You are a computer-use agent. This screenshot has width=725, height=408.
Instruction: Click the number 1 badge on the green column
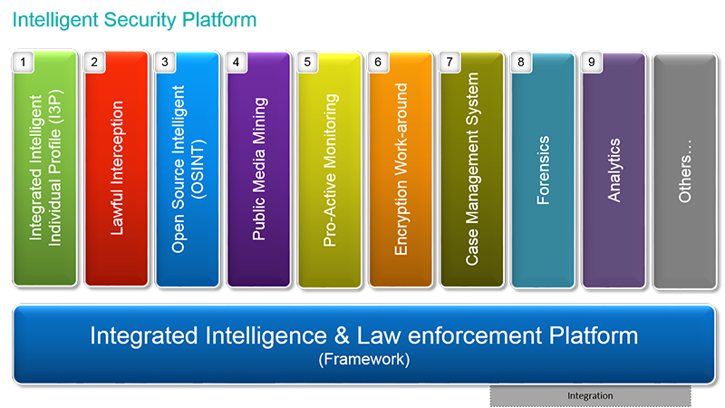24,62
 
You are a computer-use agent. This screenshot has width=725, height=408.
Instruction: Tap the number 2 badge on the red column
94,62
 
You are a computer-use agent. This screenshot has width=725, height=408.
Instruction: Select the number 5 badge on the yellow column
307,62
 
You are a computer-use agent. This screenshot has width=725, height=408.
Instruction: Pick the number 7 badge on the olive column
449,62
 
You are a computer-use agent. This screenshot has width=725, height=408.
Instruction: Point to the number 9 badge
592,62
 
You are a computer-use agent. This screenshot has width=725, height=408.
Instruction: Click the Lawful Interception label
117,168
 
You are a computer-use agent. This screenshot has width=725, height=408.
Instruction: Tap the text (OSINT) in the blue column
198,170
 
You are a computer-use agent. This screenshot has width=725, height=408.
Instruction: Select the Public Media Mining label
259,169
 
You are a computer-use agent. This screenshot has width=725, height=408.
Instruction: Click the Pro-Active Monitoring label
330,170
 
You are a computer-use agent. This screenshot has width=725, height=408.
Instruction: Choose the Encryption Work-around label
401,169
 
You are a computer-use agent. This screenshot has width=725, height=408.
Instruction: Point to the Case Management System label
472,169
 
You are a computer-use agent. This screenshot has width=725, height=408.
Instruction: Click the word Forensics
543,170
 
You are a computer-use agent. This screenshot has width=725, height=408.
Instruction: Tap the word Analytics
614,170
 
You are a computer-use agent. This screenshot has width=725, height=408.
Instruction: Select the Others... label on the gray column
685,171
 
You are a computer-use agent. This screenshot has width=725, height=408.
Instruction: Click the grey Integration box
591,396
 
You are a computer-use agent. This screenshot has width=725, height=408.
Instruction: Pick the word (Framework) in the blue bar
364,359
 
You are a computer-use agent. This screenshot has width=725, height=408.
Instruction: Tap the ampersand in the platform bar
342,335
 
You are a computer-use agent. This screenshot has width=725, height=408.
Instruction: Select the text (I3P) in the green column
55,106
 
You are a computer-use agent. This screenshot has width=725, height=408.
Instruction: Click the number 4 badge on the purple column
237,62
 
